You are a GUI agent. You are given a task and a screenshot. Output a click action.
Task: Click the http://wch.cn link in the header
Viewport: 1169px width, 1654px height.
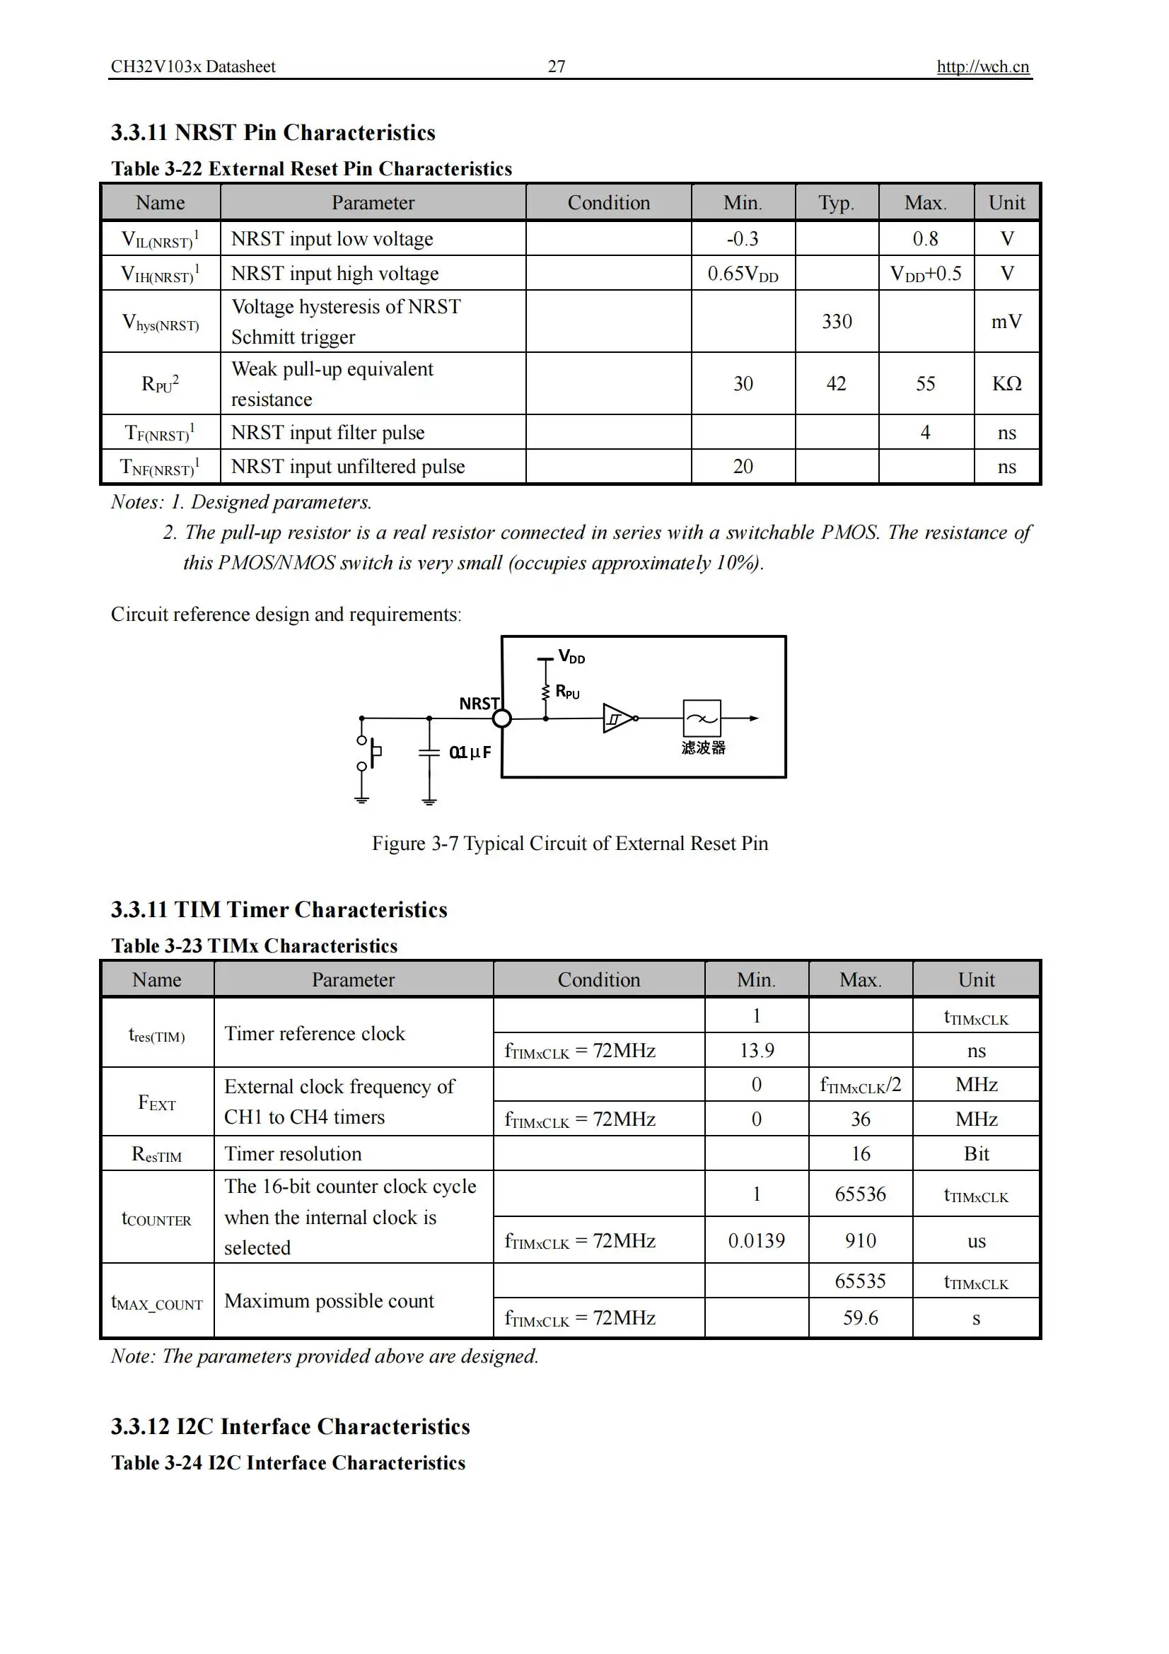(982, 66)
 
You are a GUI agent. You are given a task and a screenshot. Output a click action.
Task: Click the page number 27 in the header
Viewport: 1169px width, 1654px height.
(556, 66)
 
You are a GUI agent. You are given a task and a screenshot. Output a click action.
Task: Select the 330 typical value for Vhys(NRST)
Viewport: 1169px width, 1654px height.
(836, 321)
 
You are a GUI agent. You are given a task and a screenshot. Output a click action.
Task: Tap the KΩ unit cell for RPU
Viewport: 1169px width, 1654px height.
(1006, 383)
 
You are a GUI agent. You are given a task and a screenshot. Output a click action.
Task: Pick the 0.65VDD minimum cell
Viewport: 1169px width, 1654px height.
(743, 274)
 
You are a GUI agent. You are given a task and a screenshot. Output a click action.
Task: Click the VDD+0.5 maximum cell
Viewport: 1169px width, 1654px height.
(926, 274)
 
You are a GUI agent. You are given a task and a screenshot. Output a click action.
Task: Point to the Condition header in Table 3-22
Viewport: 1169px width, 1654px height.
(608, 202)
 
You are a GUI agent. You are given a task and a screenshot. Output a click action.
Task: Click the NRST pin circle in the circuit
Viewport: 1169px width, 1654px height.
(502, 718)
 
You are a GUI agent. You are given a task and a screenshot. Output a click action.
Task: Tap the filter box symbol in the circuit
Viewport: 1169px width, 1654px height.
(702, 718)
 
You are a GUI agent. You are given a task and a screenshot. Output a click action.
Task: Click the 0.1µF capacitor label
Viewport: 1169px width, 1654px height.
(470, 752)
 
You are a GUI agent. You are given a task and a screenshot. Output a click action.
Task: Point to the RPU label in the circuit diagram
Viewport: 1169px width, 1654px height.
(568, 692)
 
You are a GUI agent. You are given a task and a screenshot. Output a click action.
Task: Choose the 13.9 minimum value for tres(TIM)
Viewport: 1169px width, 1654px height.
(756, 1050)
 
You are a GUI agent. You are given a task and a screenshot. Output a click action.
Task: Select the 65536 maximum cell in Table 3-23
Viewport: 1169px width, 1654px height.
(860, 1194)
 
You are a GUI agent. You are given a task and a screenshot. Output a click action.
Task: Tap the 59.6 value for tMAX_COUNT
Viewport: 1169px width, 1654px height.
(860, 1317)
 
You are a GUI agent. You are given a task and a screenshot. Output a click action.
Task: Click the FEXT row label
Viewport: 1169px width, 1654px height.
(157, 1102)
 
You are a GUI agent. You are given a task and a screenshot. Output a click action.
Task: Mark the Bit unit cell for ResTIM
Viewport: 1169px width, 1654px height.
(976, 1153)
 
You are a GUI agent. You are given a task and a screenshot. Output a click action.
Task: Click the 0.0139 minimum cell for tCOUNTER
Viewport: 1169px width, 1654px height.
(756, 1240)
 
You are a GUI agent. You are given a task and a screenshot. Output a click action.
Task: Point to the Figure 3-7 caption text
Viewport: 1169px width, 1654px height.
(570, 843)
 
